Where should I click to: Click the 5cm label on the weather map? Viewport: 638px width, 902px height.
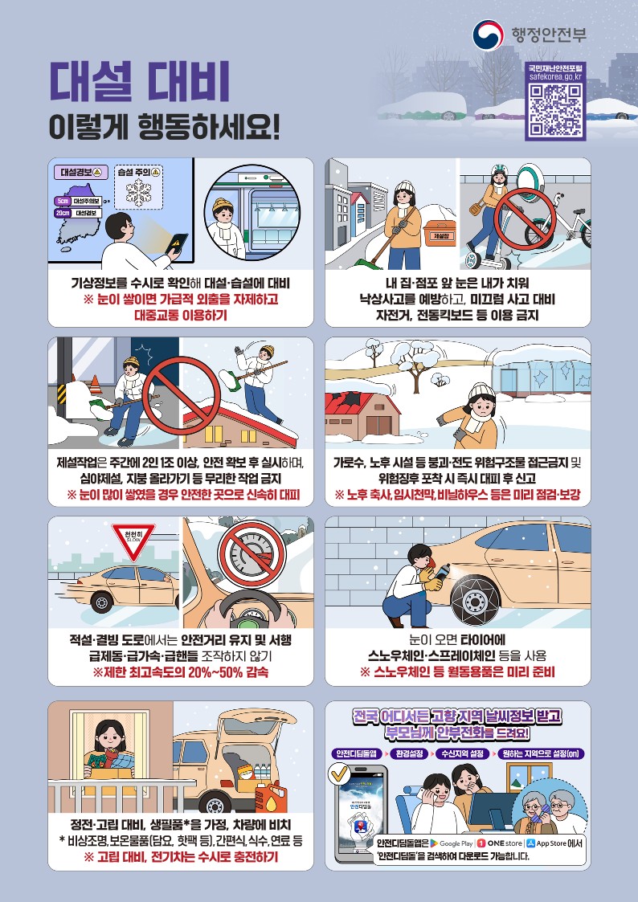63,200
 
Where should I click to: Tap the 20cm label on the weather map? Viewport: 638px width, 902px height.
63,213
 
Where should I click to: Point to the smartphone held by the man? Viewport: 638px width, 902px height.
176,243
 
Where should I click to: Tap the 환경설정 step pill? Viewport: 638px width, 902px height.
411,753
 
